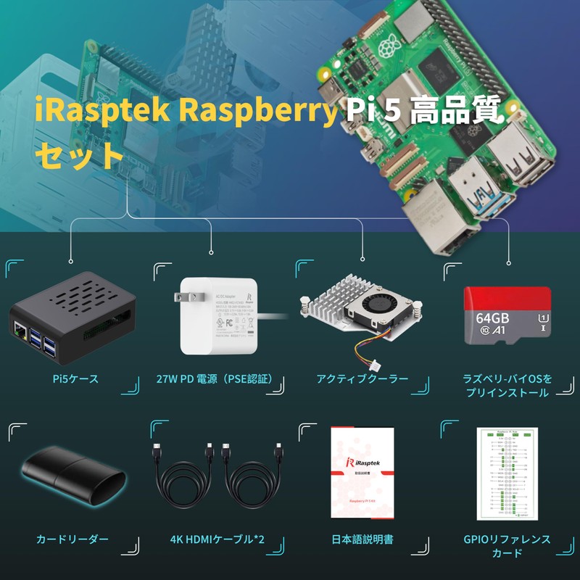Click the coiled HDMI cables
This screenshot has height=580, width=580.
pos(217,482)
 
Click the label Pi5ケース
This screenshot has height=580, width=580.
pos(75,378)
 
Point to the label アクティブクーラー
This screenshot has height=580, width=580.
pos(362,378)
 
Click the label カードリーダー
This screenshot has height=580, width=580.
pos(72,539)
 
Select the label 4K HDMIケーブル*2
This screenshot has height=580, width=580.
pos(217,539)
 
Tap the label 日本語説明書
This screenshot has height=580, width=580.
pos(362,539)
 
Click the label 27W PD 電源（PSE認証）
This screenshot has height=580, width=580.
pos(218,378)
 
